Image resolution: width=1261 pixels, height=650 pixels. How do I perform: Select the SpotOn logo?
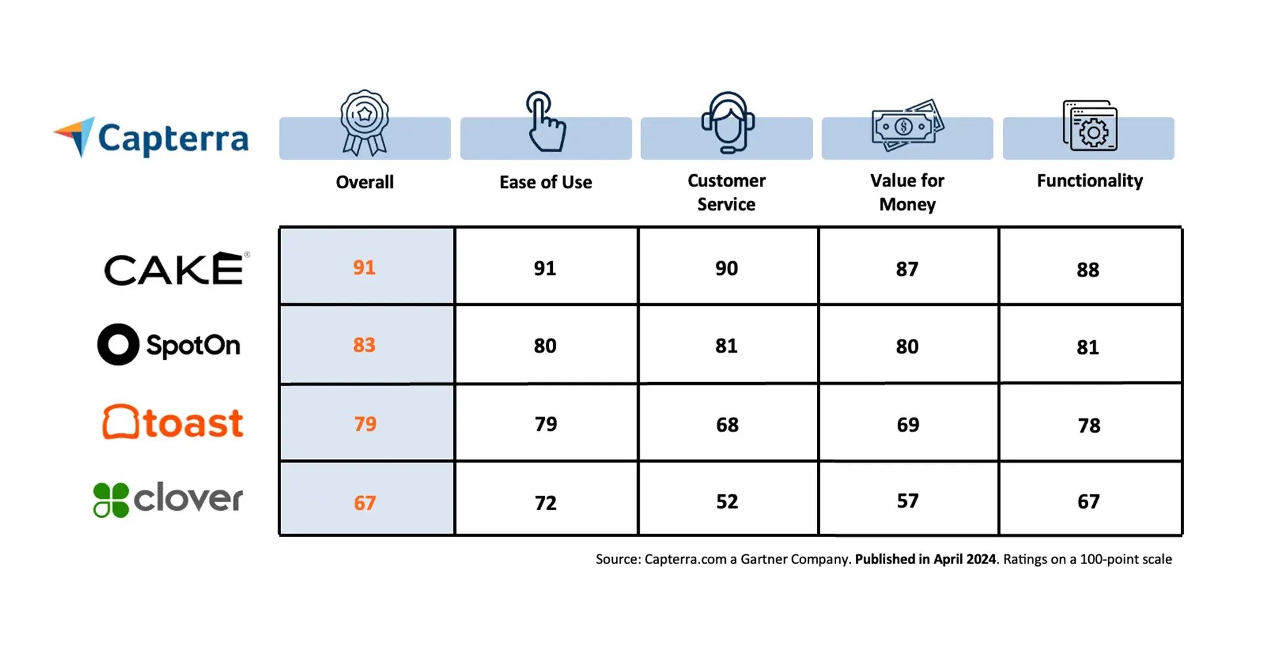click(x=169, y=345)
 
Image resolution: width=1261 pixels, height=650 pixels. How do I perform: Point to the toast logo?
click(x=173, y=422)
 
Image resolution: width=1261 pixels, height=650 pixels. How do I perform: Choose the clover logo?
click(x=168, y=499)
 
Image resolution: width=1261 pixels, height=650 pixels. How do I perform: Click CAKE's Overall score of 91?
click(x=365, y=267)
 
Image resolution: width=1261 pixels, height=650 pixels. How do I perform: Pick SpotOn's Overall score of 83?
click(x=365, y=345)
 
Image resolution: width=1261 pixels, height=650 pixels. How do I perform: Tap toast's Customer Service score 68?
click(x=727, y=425)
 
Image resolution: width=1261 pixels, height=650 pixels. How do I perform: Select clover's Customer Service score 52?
click(x=727, y=502)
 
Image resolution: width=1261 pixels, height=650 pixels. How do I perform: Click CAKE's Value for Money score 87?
click(x=907, y=269)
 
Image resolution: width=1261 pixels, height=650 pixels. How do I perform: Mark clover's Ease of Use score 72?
click(x=545, y=503)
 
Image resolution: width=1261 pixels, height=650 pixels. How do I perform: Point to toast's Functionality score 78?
click(x=1089, y=425)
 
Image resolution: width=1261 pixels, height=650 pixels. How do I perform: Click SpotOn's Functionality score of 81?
click(x=1088, y=347)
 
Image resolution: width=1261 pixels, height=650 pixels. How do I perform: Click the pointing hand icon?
click(x=545, y=122)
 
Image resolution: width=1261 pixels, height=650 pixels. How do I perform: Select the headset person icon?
click(x=727, y=122)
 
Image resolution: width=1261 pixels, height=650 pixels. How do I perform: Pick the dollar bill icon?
click(x=908, y=125)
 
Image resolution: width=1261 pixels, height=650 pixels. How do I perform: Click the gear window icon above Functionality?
click(x=1090, y=125)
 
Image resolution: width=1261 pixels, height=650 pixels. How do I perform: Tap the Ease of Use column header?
click(x=545, y=182)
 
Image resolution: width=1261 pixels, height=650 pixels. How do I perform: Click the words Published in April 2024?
click(x=925, y=559)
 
